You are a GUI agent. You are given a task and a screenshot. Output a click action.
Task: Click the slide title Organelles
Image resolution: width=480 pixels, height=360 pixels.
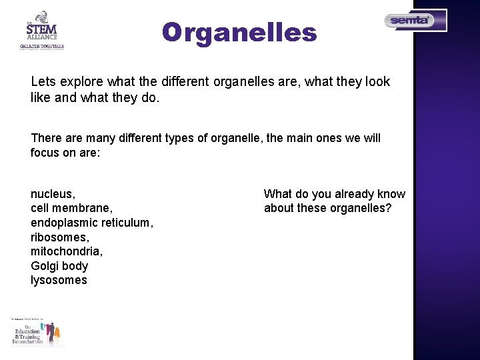tap(239, 32)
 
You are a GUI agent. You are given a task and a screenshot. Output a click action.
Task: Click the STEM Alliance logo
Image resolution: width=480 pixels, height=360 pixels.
tap(41, 30)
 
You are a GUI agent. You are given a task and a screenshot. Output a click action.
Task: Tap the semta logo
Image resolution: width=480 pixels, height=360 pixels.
tap(415, 21)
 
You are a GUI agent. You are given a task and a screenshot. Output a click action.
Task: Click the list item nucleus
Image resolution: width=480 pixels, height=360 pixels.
tap(53, 194)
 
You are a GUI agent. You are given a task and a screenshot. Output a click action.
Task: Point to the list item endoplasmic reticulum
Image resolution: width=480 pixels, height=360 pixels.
tap(91, 223)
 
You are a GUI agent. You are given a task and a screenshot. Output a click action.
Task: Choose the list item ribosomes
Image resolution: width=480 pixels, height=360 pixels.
tap(59, 237)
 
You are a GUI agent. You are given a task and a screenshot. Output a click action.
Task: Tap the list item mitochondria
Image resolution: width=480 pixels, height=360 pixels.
tap(66, 251)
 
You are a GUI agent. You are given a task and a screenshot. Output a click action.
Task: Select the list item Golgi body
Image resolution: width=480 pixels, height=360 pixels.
tap(59, 266)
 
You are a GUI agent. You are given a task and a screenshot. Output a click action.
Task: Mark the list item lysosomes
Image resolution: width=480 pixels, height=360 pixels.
tap(59, 280)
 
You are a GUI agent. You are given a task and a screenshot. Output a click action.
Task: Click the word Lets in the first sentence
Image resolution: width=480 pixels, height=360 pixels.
tap(43, 82)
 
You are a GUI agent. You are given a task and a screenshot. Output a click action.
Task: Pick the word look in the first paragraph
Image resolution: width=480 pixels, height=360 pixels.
tap(377, 82)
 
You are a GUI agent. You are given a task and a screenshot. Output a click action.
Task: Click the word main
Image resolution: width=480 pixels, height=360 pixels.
tap(299, 138)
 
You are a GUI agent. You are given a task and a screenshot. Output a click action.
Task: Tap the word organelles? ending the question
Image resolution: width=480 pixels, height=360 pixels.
tap(359, 208)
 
